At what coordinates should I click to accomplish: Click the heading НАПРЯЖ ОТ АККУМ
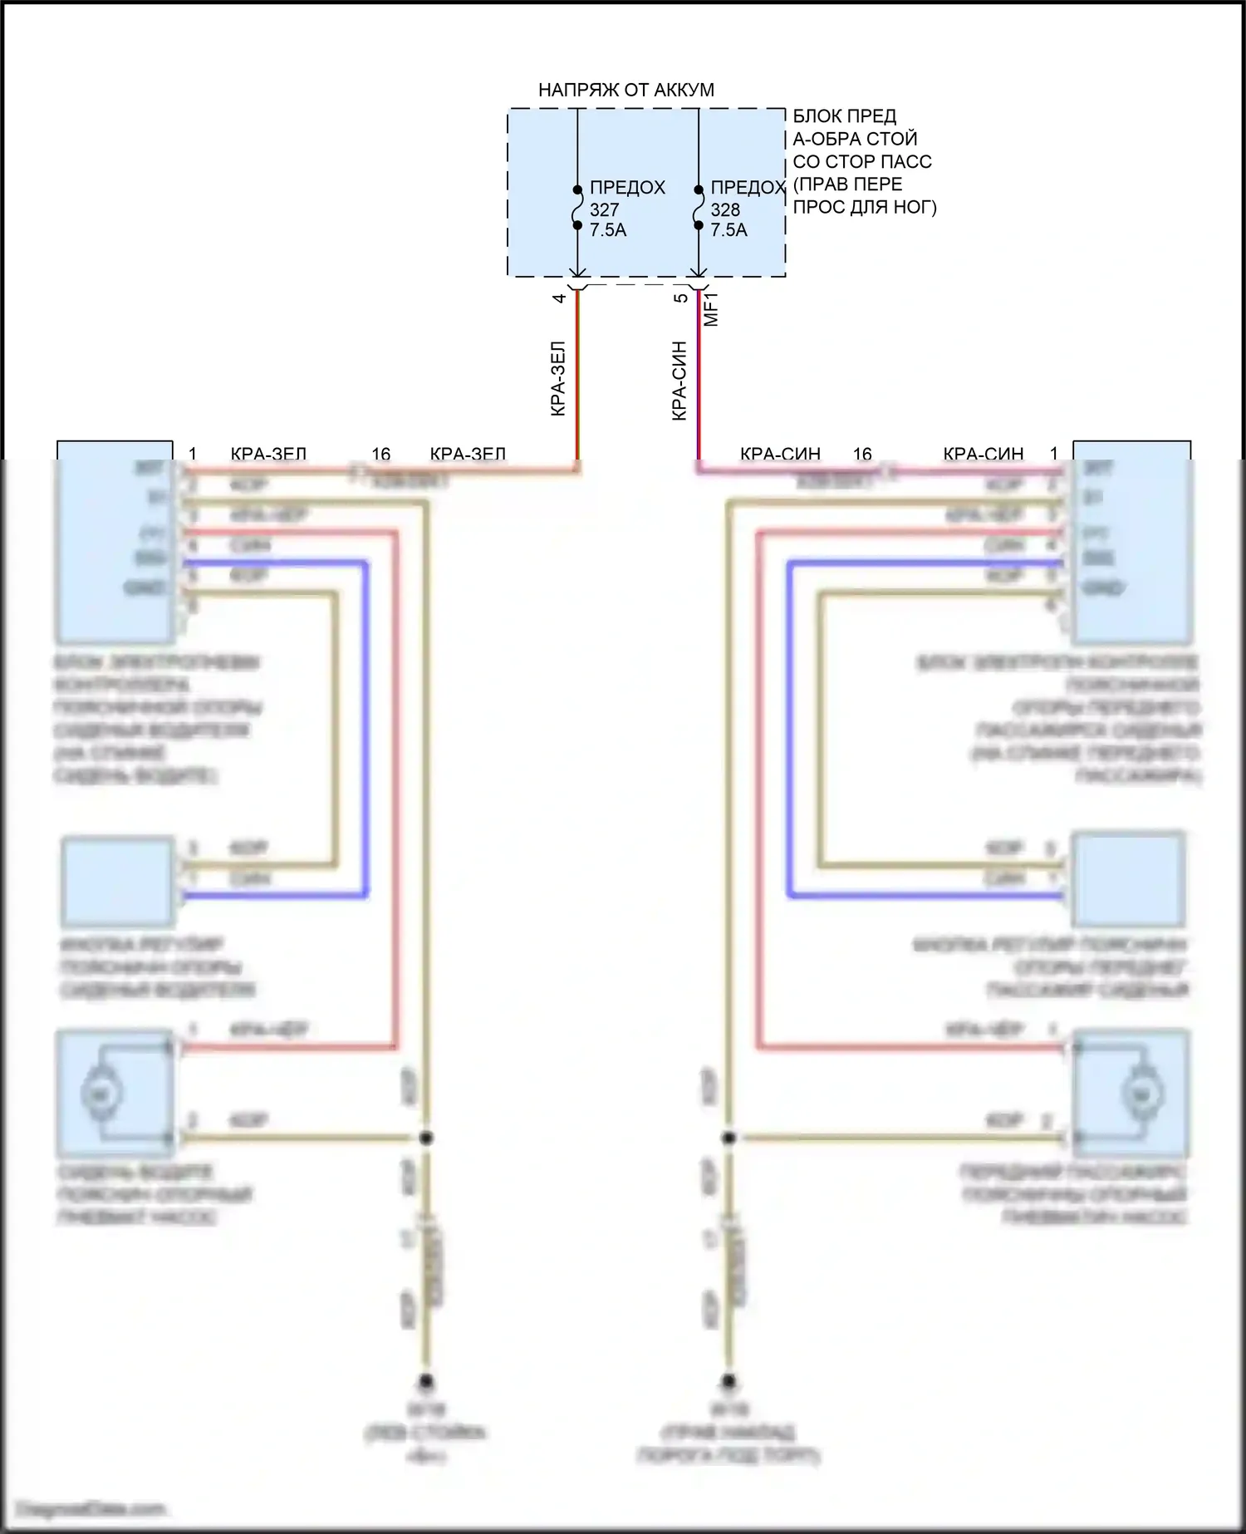point(625,90)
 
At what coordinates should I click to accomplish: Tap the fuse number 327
point(604,209)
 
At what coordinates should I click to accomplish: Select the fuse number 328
point(725,209)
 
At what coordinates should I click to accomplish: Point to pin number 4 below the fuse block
point(560,297)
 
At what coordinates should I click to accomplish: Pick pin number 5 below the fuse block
point(681,297)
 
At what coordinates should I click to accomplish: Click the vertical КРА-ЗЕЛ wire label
point(558,378)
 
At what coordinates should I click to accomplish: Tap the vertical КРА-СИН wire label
point(679,380)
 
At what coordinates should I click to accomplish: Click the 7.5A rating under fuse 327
point(608,230)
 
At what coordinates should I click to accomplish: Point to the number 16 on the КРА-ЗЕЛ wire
point(380,454)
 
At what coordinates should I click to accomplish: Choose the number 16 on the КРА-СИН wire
point(862,454)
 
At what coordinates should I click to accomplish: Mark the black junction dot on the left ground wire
point(426,1137)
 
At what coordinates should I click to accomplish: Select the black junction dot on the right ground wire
point(728,1137)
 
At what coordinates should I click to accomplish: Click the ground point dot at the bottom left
point(426,1381)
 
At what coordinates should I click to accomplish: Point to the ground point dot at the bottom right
point(728,1381)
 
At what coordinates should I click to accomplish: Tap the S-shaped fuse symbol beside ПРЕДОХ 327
point(577,207)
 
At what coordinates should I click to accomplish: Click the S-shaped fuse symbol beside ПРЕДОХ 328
point(699,207)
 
